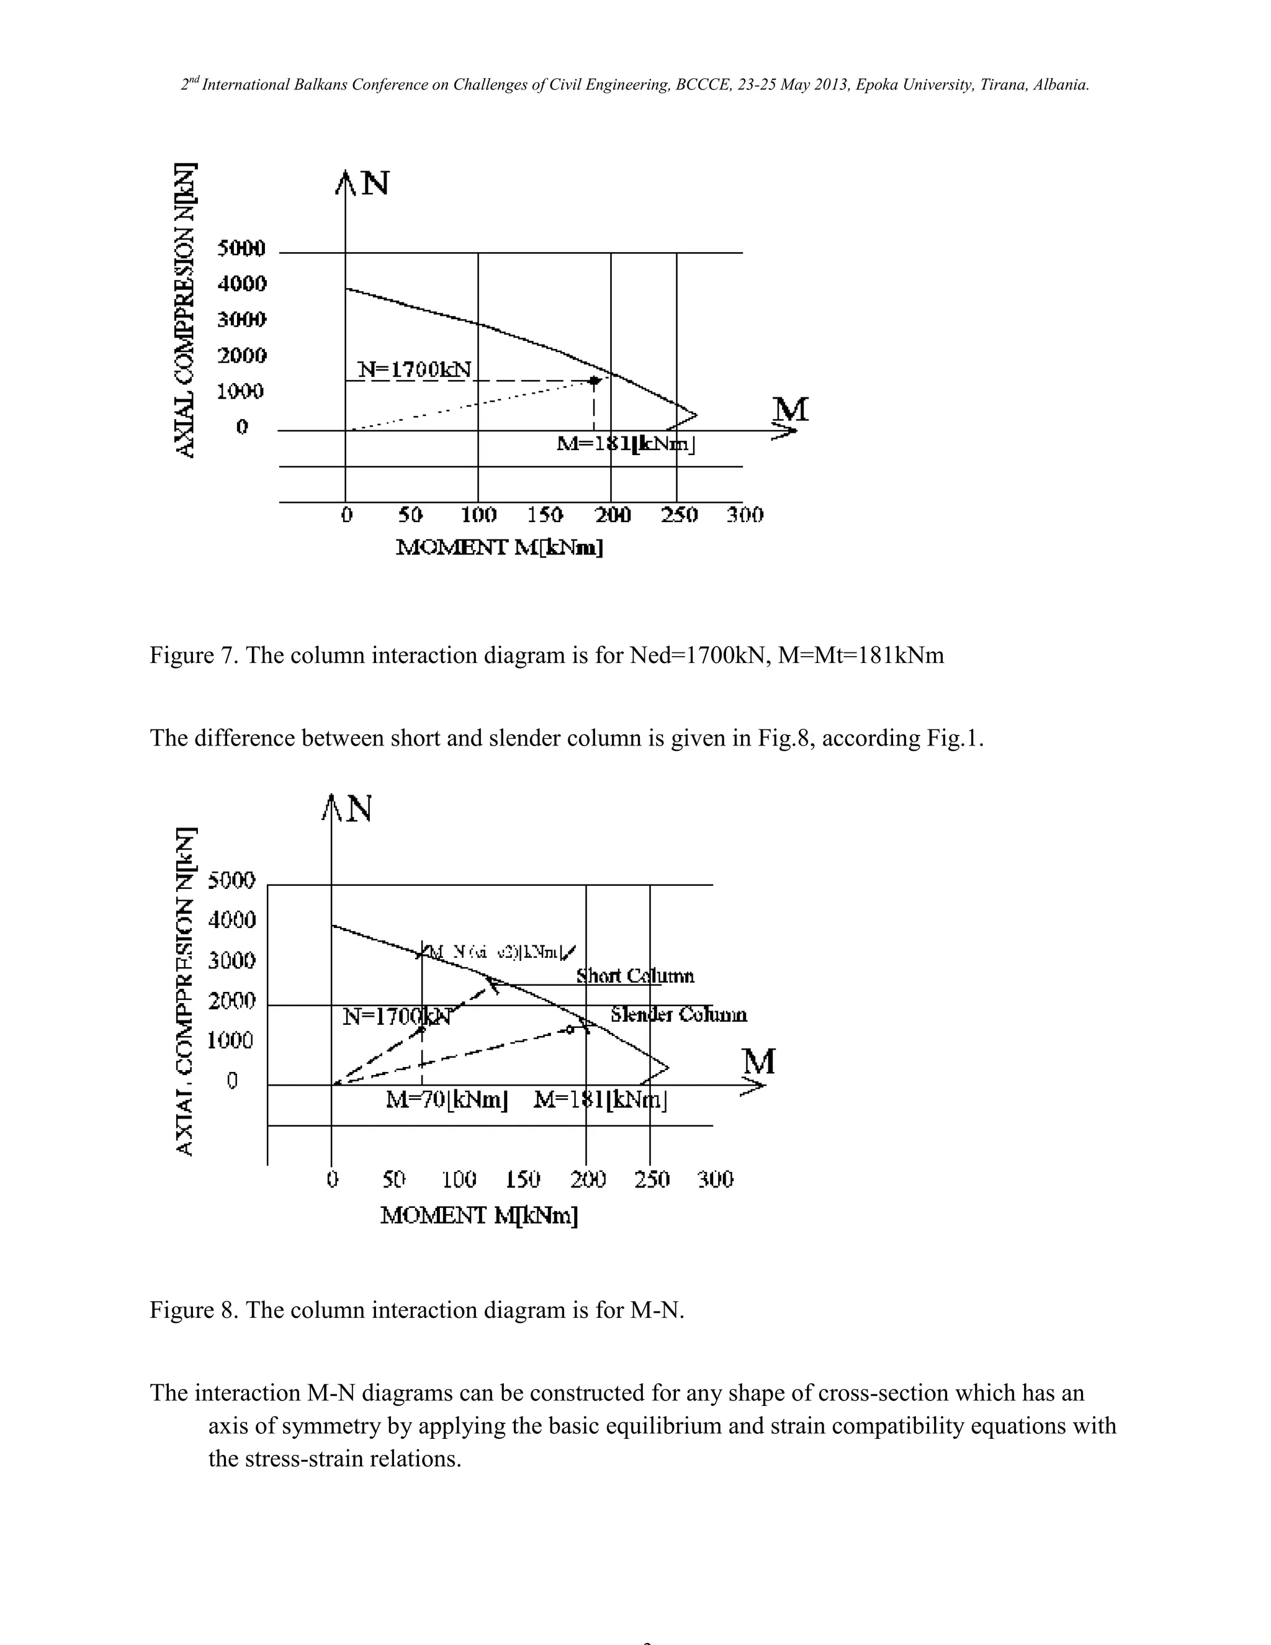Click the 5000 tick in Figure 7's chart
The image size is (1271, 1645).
(x=241, y=248)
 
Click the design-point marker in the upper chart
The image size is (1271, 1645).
(x=594, y=381)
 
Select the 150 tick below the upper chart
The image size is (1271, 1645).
(x=544, y=515)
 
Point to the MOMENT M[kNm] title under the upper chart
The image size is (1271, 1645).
(x=499, y=548)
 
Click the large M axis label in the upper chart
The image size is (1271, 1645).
(x=791, y=410)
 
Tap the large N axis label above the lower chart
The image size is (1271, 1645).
(x=359, y=809)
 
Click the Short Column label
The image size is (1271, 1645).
(x=635, y=976)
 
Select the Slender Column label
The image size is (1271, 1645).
(x=678, y=1016)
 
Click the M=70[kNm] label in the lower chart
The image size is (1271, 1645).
(x=446, y=1101)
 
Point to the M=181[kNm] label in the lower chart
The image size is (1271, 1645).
(x=600, y=1101)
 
